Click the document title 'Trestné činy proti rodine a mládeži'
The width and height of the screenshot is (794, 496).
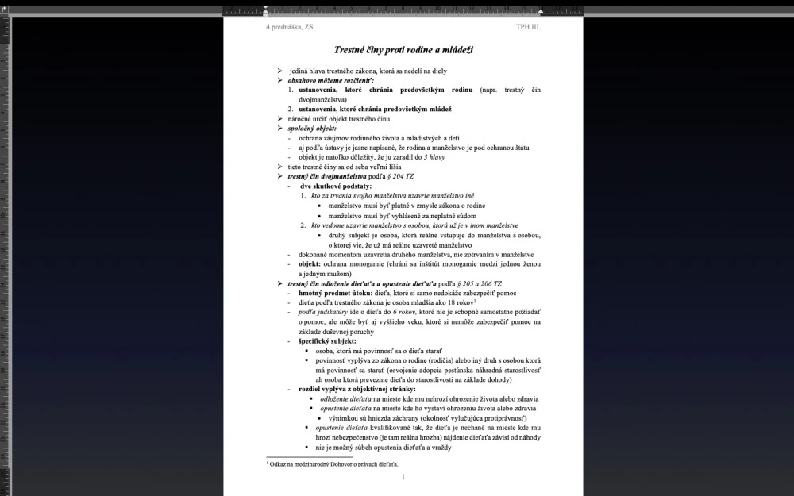(x=403, y=50)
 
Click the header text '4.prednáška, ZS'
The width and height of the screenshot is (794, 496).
(x=290, y=27)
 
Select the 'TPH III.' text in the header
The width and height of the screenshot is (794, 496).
(x=527, y=27)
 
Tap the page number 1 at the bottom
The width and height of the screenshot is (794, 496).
(x=403, y=476)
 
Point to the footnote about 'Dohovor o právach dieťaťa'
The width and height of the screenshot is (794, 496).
(x=333, y=463)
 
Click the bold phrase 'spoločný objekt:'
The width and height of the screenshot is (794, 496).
(x=312, y=129)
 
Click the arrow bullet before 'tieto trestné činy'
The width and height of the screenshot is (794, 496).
(x=279, y=167)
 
